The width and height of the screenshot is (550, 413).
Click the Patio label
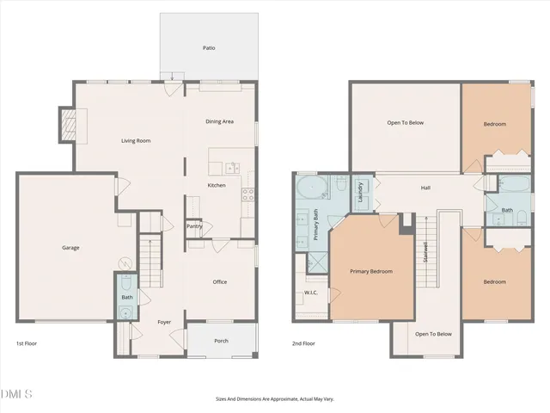coord(208,47)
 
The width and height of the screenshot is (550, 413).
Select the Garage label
coord(70,248)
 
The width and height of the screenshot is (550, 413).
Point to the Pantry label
coord(195,226)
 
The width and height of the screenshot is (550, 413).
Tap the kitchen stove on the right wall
coord(249,194)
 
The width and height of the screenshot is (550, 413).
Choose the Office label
coord(220,281)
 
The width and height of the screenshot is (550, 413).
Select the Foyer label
coord(164,323)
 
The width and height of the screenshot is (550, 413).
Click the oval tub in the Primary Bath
coord(309,188)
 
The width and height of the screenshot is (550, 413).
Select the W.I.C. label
coord(310,293)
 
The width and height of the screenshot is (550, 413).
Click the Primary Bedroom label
coord(371,271)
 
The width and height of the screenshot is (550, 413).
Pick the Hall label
coord(425,188)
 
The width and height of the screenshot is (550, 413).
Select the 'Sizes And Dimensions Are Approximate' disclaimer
coord(274,398)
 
